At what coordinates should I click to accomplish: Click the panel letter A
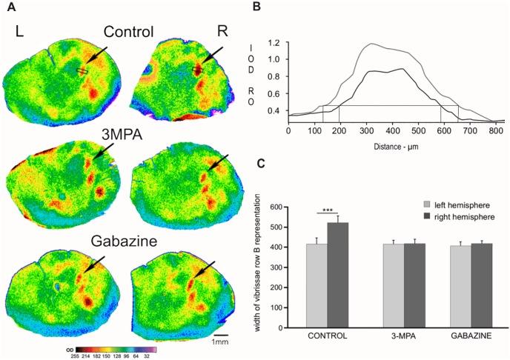point(7,7)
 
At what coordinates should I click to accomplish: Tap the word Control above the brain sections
point(128,32)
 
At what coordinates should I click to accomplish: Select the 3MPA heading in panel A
point(124,135)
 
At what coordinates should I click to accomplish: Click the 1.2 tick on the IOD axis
point(278,43)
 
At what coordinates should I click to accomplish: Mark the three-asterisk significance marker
point(327,210)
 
